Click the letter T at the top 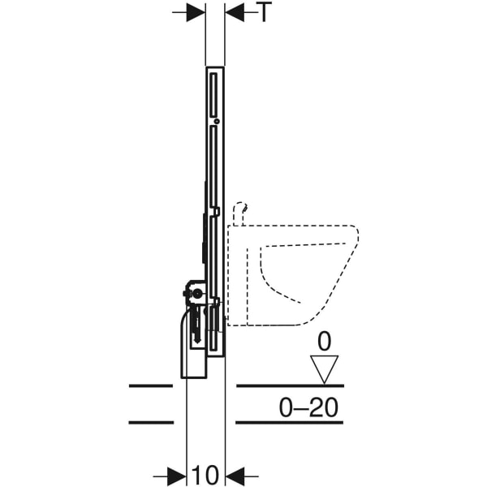tap(265, 12)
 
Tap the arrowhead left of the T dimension tap(196, 12)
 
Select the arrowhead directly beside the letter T tap(235, 12)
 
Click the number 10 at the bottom tap(205, 475)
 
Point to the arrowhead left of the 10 tap(176, 476)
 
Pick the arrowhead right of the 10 tap(235, 476)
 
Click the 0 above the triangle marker tap(324, 342)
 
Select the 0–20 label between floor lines tap(308, 407)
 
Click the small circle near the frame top tap(217, 122)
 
